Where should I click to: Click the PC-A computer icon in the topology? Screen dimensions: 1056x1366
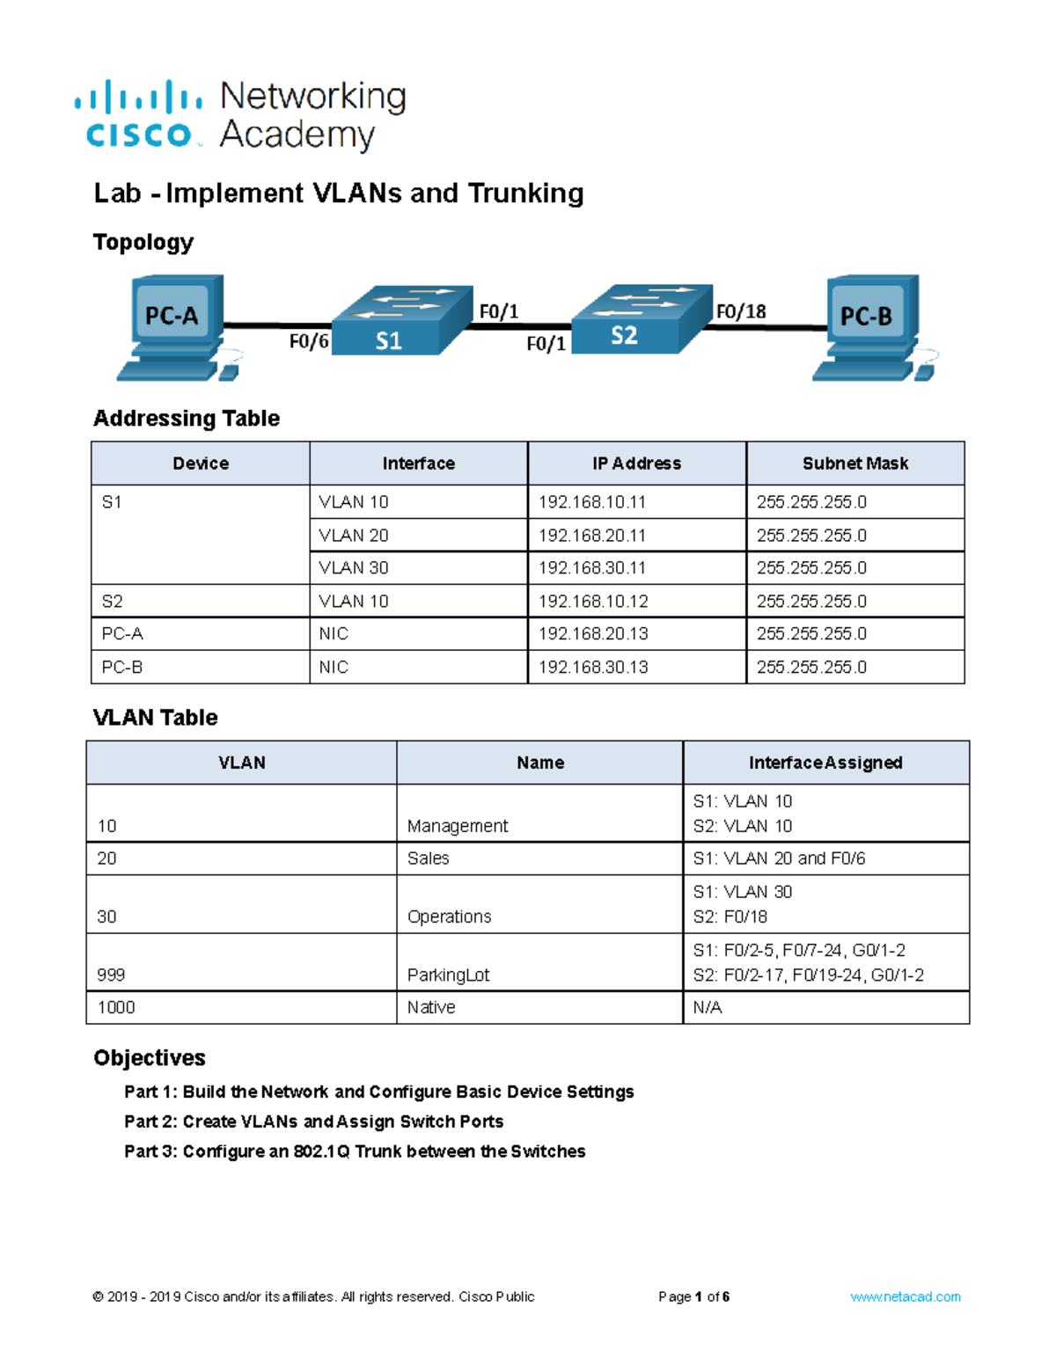pyautogui.click(x=175, y=325)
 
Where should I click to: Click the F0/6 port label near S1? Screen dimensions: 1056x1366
pyautogui.click(x=309, y=341)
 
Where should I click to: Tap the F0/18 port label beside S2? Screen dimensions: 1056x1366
pyautogui.click(x=741, y=311)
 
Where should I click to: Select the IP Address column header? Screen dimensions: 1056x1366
pyautogui.click(x=636, y=464)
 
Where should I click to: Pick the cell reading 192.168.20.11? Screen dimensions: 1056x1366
pyautogui.click(x=592, y=535)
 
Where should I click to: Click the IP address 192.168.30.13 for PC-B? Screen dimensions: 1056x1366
pyautogui.click(x=593, y=667)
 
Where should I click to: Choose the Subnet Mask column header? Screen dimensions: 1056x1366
pyautogui.click(x=854, y=464)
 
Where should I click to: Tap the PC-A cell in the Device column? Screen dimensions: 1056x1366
pyautogui.click(x=122, y=633)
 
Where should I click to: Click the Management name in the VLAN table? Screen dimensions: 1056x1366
pyautogui.click(x=458, y=826)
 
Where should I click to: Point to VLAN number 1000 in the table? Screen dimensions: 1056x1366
pyautogui.click(x=116, y=1007)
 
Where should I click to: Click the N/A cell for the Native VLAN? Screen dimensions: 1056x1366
pyautogui.click(x=708, y=1007)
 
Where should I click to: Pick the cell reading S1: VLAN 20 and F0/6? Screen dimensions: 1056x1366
pyautogui.click(x=779, y=858)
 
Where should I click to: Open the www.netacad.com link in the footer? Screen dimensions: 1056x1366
pyautogui.click(x=905, y=1297)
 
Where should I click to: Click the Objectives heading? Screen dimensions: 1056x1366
pyautogui.click(x=150, y=1057)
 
